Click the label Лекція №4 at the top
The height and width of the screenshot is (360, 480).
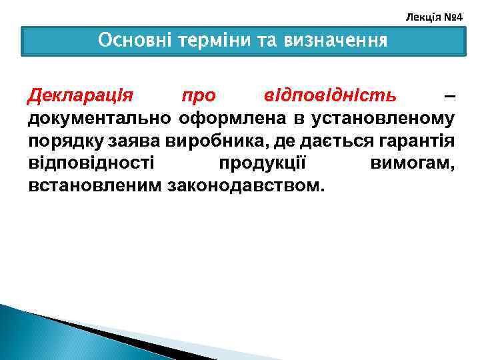tap(434, 14)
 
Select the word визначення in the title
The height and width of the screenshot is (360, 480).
tap(335, 41)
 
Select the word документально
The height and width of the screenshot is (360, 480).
tap(99, 119)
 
